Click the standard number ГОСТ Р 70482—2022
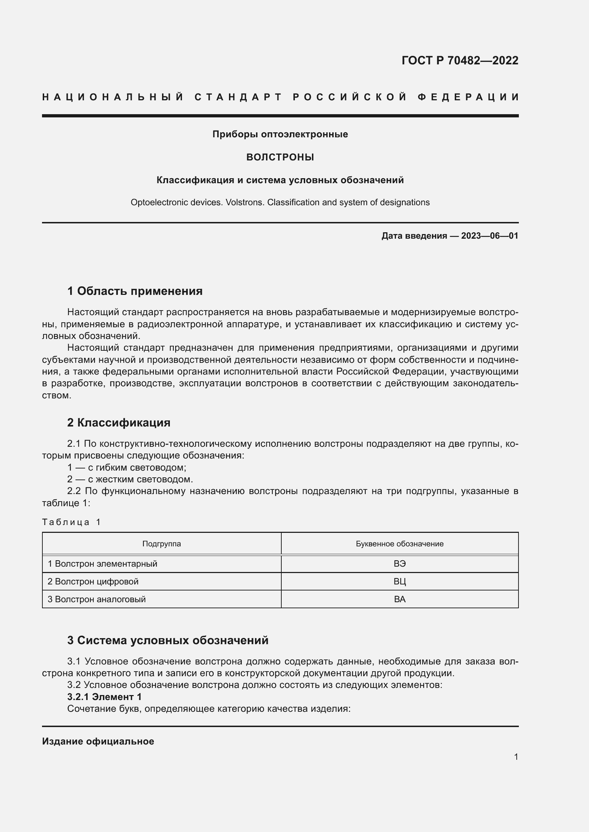click(459, 60)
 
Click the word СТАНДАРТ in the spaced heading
click(238, 97)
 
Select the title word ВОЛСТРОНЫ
click(280, 157)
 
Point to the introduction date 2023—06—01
click(489, 236)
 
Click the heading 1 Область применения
click(135, 291)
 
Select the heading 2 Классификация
click(119, 423)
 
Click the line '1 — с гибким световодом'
click(126, 467)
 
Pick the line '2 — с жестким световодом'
click(130, 479)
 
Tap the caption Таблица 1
click(71, 522)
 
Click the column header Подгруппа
click(161, 544)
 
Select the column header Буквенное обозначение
click(399, 544)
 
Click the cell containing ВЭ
click(399, 564)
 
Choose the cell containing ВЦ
click(399, 582)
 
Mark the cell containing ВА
click(399, 599)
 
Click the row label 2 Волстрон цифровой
click(93, 582)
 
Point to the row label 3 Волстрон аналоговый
click(97, 599)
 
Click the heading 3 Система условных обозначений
click(168, 640)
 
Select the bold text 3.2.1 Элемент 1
click(104, 697)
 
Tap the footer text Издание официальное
click(98, 741)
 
